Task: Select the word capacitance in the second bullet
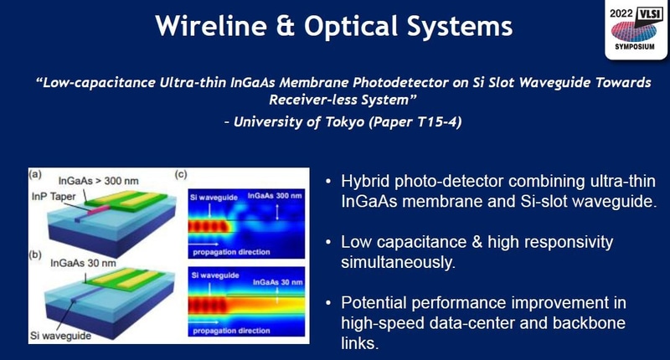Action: tap(412, 243)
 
